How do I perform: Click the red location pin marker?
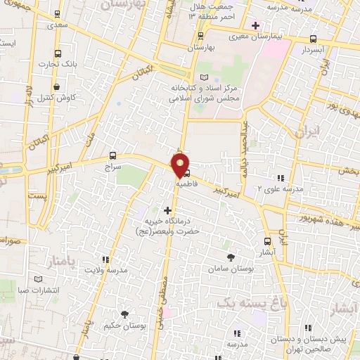point(180,166)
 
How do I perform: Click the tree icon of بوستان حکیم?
point(125,314)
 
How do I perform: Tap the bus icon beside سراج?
point(113,156)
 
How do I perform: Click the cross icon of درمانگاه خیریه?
point(167,210)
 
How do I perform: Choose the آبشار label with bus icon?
point(266,251)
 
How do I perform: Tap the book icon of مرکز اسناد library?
point(204,77)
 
